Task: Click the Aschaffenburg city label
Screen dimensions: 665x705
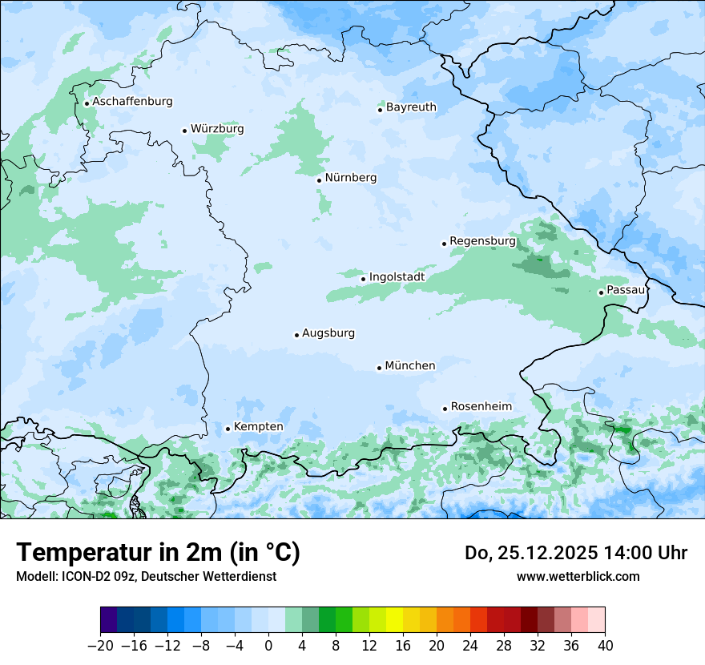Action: click(x=132, y=102)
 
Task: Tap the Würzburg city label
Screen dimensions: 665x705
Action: click(x=217, y=129)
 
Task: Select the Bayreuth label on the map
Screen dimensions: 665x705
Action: click(x=411, y=107)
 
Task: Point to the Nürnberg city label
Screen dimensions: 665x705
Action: click(x=351, y=178)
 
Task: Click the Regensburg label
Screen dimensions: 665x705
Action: click(x=482, y=241)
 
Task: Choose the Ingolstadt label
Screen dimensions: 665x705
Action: click(x=397, y=277)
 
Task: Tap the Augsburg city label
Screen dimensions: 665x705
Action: click(x=328, y=333)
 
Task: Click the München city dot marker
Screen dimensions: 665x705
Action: click(x=379, y=368)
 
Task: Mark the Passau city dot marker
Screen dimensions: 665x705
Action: click(x=601, y=292)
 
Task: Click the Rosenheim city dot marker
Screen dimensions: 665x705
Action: click(x=445, y=409)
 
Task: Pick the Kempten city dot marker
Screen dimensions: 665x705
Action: click(x=228, y=429)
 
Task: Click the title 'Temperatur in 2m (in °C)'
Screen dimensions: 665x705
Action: click(x=158, y=553)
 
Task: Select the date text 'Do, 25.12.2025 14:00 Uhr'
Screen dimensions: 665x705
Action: click(x=575, y=553)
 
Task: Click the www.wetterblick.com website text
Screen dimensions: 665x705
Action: click(x=578, y=576)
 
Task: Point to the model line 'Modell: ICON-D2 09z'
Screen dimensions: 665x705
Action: click(x=146, y=576)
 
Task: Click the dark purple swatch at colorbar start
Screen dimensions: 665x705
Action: click(x=109, y=621)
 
